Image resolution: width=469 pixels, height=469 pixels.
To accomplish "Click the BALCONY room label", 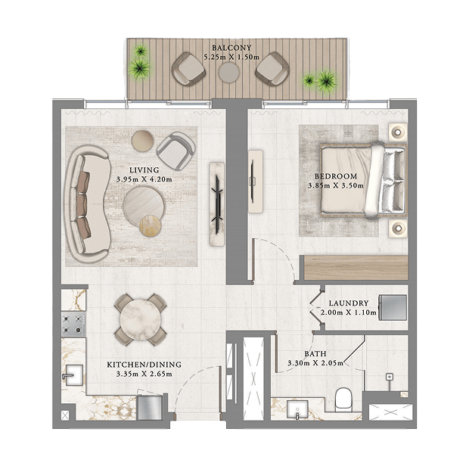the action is [x=231, y=48].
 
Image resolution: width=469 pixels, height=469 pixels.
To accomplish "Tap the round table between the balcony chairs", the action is [x=228, y=72].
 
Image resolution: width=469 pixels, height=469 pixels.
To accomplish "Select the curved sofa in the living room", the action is [x=88, y=204].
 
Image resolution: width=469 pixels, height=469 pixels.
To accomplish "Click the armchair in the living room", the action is [x=175, y=151].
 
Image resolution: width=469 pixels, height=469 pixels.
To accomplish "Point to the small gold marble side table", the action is [x=151, y=226].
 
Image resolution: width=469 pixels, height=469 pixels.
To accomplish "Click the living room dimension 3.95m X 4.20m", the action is [x=144, y=179].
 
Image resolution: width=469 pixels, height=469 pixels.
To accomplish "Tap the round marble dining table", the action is [x=140, y=320].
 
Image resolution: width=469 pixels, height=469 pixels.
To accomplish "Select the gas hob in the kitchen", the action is [x=73, y=325].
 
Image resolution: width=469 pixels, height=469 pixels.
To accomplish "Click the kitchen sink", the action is [x=73, y=375].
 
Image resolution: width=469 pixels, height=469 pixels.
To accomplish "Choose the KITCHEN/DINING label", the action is [x=144, y=365].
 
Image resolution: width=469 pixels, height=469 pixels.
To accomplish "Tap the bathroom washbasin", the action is [x=297, y=409].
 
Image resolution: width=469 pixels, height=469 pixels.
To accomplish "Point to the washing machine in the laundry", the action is [x=393, y=307].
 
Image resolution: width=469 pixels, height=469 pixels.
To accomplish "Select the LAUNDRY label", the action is [x=349, y=303].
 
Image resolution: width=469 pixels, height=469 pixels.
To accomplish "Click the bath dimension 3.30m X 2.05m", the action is [x=315, y=363].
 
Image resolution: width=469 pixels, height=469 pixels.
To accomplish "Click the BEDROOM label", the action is [x=336, y=176].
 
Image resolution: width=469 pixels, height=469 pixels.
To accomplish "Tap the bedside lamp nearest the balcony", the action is [x=398, y=132].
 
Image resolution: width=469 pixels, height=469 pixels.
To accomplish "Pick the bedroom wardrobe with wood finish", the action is [x=356, y=268].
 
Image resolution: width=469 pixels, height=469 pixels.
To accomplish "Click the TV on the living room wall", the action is [x=217, y=204].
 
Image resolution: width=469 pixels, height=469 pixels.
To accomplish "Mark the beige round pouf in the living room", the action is [x=143, y=141].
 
